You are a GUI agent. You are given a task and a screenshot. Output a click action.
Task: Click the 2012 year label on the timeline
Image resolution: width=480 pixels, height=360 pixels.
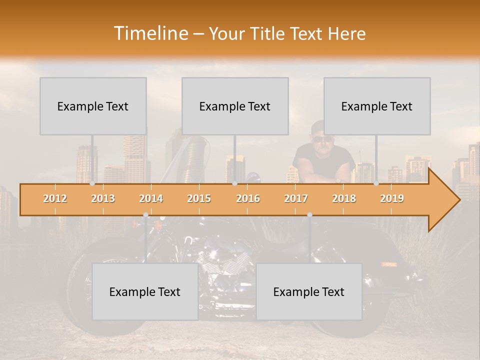(x=55, y=198)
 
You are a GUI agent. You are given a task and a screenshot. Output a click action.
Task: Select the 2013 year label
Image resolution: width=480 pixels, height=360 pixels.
(x=103, y=198)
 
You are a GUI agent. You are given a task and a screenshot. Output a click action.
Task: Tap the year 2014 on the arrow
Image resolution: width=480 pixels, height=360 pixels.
(x=151, y=198)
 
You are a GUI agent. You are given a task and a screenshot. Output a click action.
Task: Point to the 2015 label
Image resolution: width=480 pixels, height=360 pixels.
(x=199, y=198)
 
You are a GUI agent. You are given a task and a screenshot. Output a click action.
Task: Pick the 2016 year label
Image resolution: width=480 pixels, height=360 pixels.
(x=248, y=198)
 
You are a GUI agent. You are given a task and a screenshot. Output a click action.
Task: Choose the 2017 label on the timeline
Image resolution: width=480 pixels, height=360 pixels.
(x=296, y=198)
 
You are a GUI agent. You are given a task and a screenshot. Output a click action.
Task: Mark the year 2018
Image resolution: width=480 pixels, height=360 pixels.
(x=344, y=198)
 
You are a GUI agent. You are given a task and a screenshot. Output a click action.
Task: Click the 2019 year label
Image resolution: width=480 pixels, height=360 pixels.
(x=392, y=198)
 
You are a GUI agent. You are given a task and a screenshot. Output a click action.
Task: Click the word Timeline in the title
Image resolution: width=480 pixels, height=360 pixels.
(x=149, y=33)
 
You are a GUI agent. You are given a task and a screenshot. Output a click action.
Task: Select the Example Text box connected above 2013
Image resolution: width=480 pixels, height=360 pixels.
(x=93, y=106)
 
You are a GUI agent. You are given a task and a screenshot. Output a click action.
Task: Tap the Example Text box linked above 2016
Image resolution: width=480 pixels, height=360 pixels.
(x=235, y=106)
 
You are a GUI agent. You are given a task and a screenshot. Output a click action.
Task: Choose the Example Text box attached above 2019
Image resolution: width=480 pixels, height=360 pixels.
(x=377, y=106)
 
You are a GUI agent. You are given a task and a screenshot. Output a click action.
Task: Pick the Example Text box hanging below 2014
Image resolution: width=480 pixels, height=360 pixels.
(x=145, y=291)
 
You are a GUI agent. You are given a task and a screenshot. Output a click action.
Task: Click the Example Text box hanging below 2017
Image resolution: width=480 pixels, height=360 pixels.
(x=309, y=291)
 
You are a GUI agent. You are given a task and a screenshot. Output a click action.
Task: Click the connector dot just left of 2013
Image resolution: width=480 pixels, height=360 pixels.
(x=92, y=183)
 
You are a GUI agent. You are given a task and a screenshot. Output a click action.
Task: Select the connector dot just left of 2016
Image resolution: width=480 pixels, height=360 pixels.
(x=235, y=183)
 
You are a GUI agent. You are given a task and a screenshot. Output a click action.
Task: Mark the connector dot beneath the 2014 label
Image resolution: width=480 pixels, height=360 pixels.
(x=145, y=215)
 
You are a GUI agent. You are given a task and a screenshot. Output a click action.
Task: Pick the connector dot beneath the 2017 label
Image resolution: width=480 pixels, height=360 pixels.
(x=309, y=215)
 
